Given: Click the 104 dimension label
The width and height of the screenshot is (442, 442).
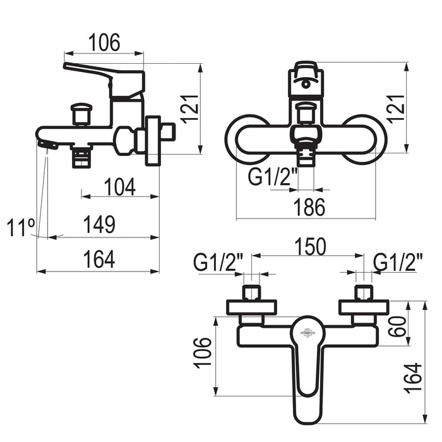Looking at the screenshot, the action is click(x=120, y=187).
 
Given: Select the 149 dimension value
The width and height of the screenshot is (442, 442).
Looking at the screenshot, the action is click(x=99, y=225).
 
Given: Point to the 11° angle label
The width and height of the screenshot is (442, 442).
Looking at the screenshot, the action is click(x=21, y=227).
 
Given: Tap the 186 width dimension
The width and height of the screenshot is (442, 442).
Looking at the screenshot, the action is click(x=309, y=206).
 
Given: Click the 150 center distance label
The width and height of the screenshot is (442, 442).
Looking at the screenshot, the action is click(x=310, y=246).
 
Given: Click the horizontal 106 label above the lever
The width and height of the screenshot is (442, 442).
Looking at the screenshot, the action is click(x=104, y=42).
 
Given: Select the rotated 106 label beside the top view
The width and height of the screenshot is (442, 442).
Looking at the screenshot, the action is click(x=203, y=352).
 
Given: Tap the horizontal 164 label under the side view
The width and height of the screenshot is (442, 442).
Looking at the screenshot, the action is click(x=100, y=259).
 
